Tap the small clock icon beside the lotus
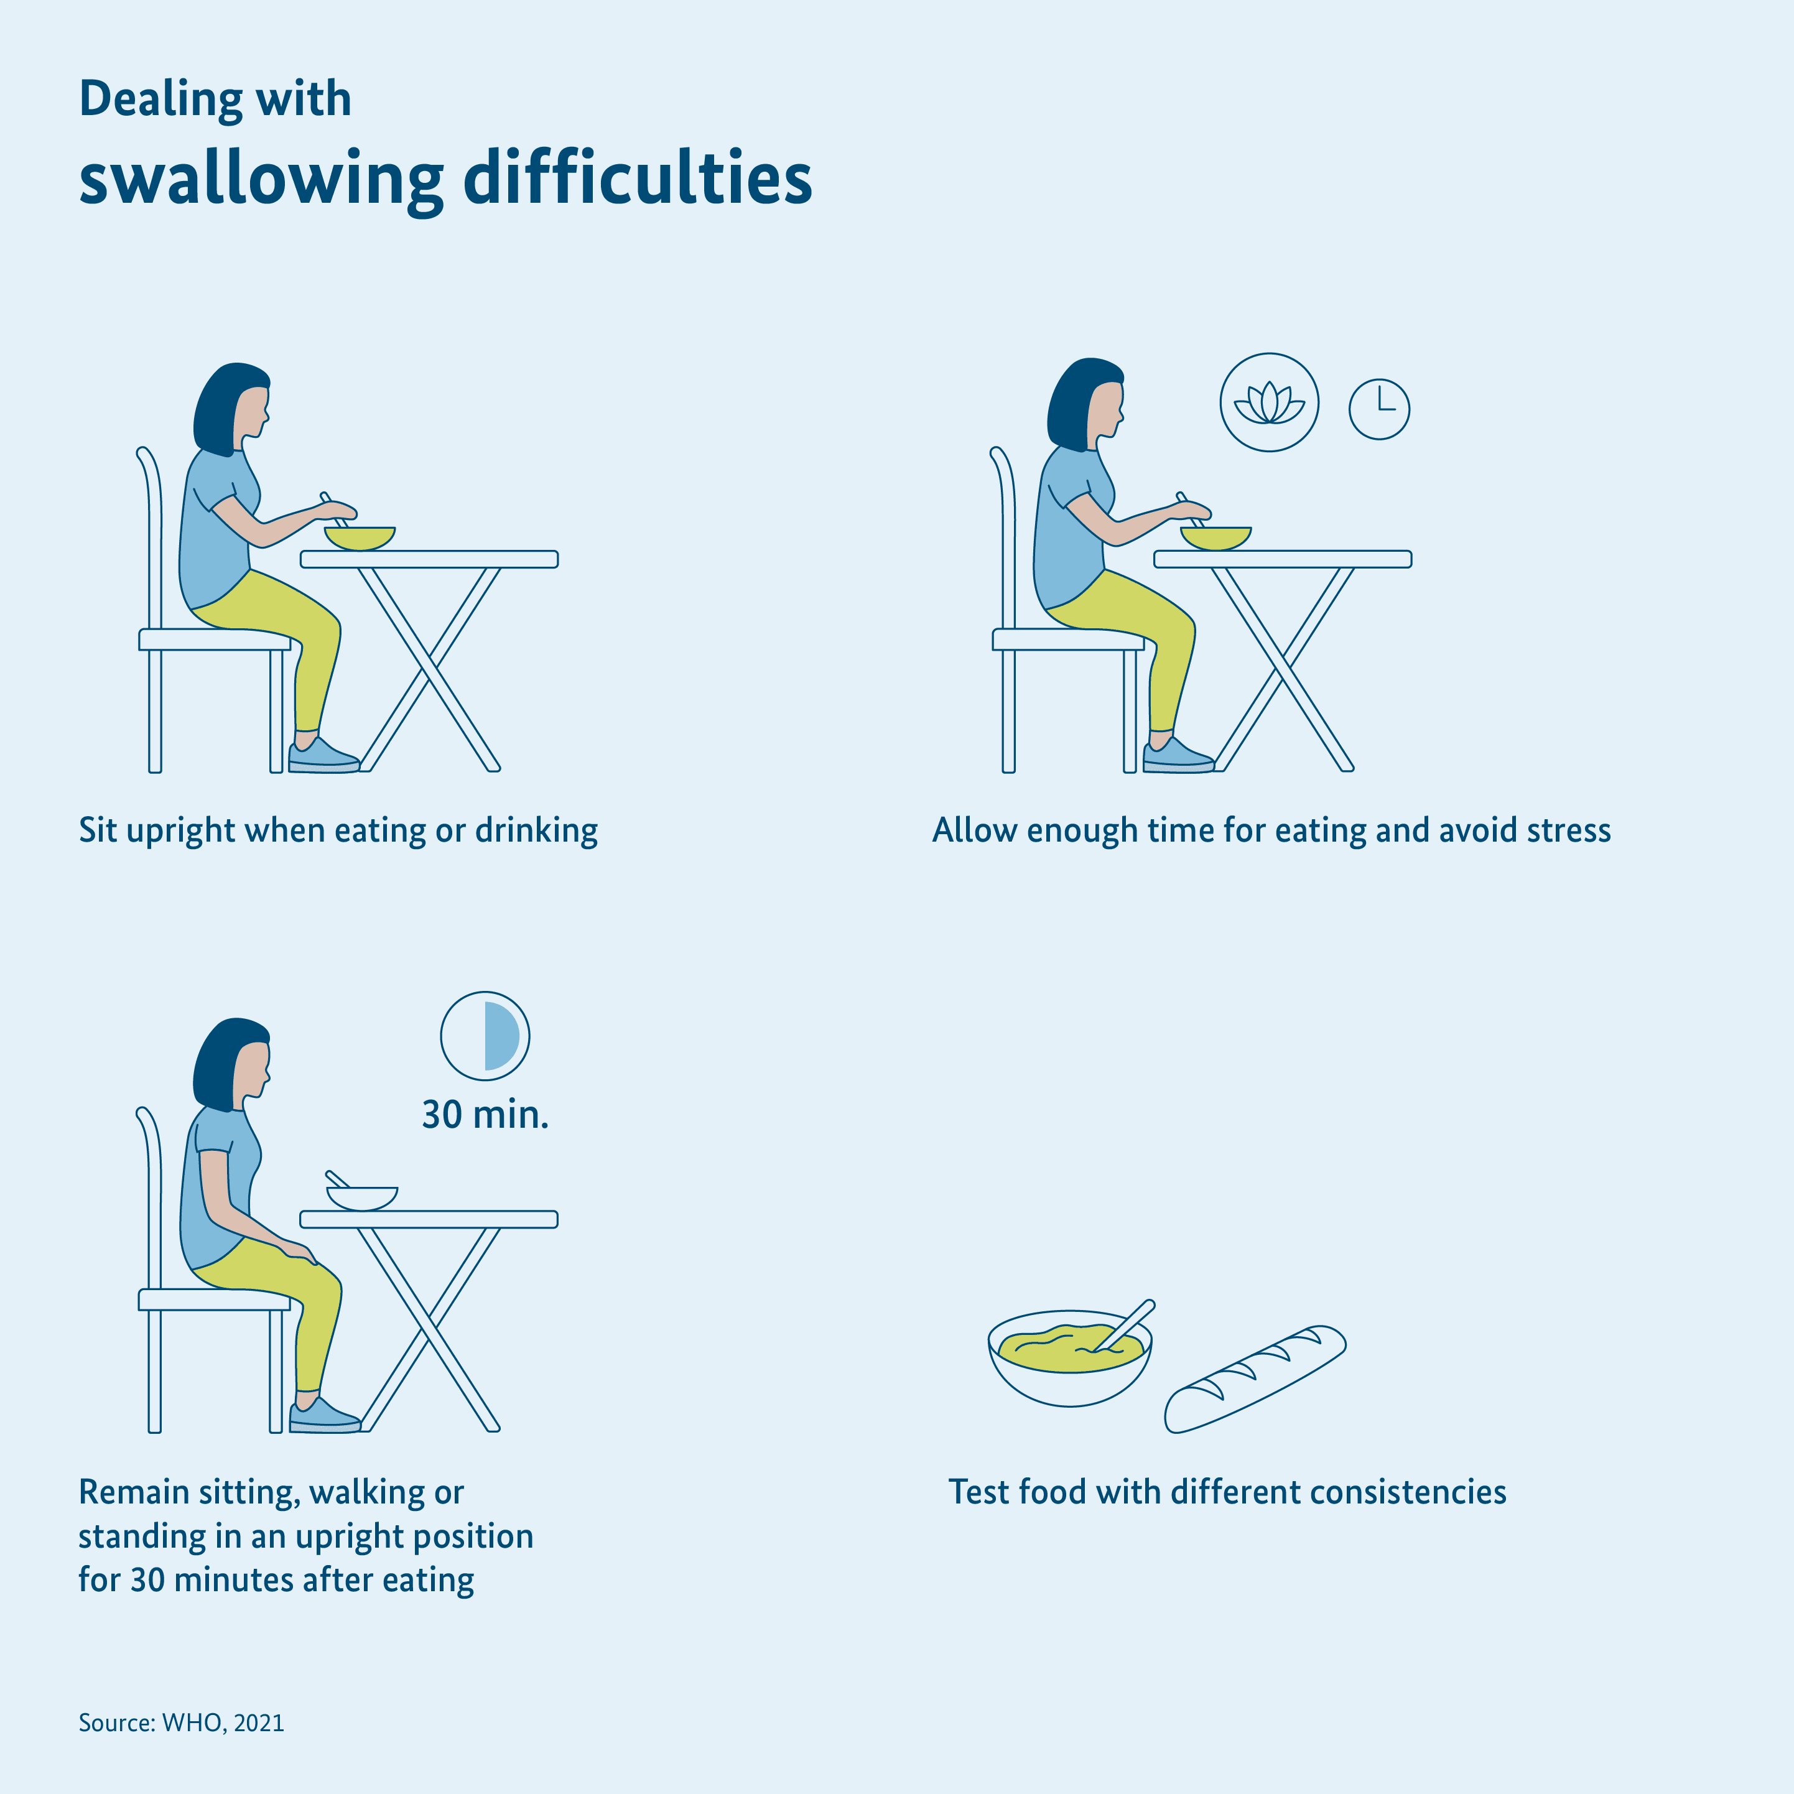[x=1379, y=409]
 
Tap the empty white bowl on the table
[x=362, y=1198]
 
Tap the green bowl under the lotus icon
[x=1215, y=537]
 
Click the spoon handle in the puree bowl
[x=1125, y=1325]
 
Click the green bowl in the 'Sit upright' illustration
[x=360, y=537]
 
